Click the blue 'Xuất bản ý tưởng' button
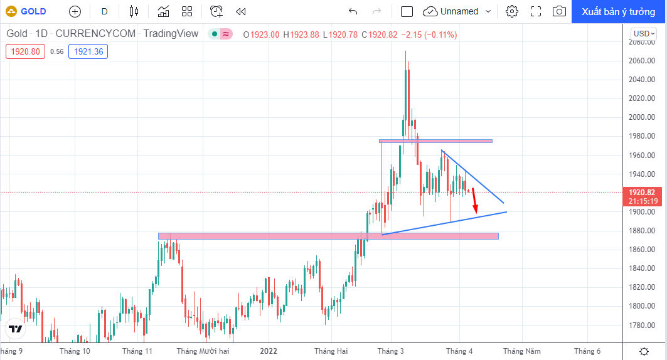click(x=619, y=11)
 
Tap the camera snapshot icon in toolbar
click(x=559, y=11)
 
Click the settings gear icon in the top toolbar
click(x=512, y=11)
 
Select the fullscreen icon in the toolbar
click(x=536, y=11)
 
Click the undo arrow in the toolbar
click(x=353, y=11)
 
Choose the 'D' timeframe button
click(x=104, y=11)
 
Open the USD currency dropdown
click(x=644, y=34)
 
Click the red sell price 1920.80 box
click(x=25, y=51)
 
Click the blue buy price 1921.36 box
click(x=88, y=51)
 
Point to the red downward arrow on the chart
click(x=474, y=201)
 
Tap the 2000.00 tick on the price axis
click(x=641, y=117)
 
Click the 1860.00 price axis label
click(x=641, y=250)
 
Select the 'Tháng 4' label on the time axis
click(x=459, y=351)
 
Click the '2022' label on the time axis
click(x=269, y=351)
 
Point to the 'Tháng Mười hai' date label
click(x=203, y=351)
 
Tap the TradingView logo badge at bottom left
click(x=15, y=329)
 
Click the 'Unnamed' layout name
click(x=459, y=11)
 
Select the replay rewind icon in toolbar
click(x=241, y=11)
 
